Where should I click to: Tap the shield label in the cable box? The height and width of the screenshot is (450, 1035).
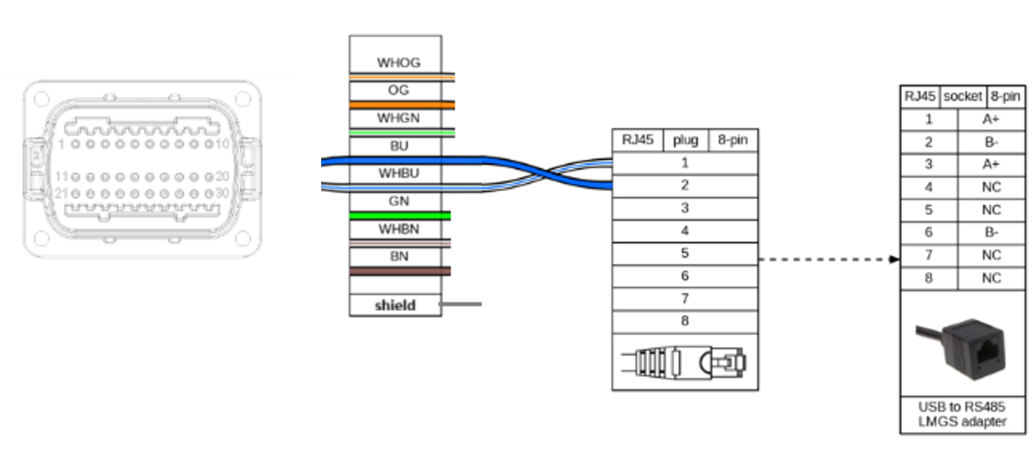[x=395, y=305]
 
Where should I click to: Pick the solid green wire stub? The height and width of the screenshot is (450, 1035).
[x=400, y=215]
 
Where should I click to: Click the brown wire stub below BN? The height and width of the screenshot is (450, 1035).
[x=400, y=271]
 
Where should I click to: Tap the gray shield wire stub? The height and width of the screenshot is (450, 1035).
[x=461, y=305]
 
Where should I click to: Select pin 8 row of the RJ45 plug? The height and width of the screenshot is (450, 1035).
[x=685, y=321]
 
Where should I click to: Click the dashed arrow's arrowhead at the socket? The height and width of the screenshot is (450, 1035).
[x=895, y=260]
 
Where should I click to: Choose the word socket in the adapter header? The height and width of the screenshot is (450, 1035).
[x=963, y=97]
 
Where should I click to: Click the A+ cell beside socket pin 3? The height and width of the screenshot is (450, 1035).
[x=991, y=164]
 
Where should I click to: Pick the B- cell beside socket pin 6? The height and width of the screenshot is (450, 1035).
[x=991, y=233]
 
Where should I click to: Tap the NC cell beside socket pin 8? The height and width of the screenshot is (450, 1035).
[x=991, y=279]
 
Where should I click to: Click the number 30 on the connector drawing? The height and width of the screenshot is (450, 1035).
[x=222, y=193]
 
